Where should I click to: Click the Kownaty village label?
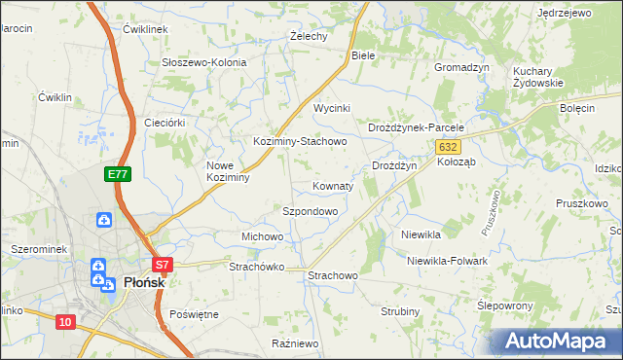333,186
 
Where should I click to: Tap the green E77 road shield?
118,174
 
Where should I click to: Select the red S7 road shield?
163,264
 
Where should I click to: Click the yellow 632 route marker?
447,146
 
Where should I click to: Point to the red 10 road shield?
65,322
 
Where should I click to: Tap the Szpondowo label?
310,211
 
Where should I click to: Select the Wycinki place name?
331,108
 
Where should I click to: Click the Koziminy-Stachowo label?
300,141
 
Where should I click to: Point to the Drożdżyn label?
394,166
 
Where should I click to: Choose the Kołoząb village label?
456,162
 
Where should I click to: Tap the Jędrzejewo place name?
564,13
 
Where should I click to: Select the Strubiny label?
399,311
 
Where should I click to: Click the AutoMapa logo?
558,342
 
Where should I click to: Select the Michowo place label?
262,236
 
